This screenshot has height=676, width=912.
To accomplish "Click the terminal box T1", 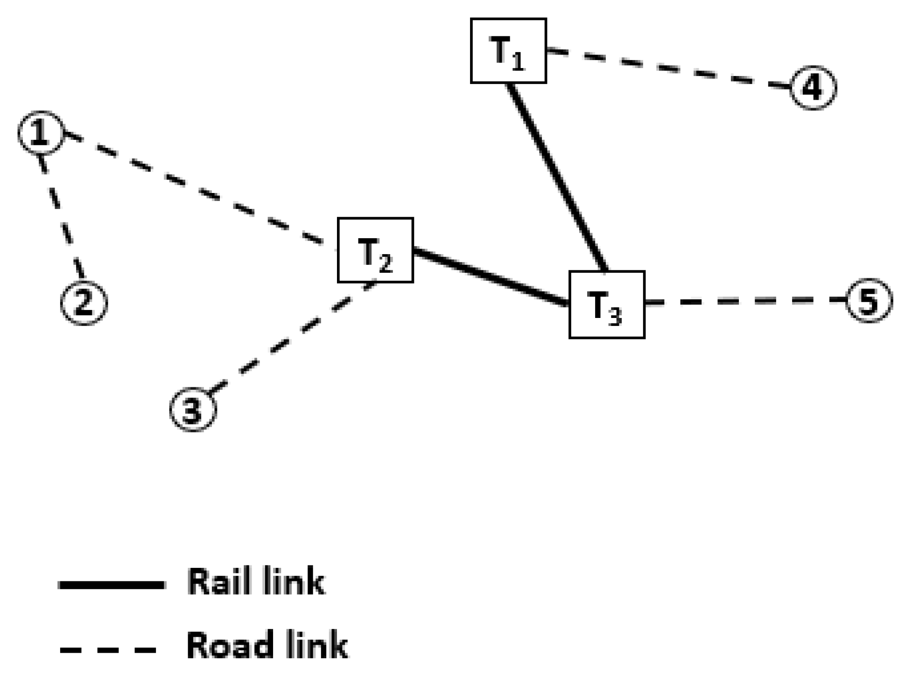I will click(x=508, y=51).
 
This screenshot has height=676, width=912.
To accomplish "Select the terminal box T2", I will click(x=375, y=250).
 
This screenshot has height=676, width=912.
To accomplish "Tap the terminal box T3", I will click(x=606, y=304).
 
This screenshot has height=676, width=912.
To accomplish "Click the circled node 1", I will click(x=41, y=133).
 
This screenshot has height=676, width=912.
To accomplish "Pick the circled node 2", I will click(x=84, y=303).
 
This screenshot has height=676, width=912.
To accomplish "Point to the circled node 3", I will click(x=193, y=410).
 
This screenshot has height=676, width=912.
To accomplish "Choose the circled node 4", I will click(x=813, y=88).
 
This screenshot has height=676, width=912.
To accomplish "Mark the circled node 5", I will click(x=869, y=301).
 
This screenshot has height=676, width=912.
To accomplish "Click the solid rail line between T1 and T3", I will click(x=557, y=177).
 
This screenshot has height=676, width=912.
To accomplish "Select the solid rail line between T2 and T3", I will click(x=490, y=277).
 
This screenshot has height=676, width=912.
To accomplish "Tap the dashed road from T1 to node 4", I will click(x=667, y=68).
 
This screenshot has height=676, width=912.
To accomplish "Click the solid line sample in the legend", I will click(x=112, y=584).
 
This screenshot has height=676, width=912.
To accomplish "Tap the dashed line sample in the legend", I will click(x=108, y=649).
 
